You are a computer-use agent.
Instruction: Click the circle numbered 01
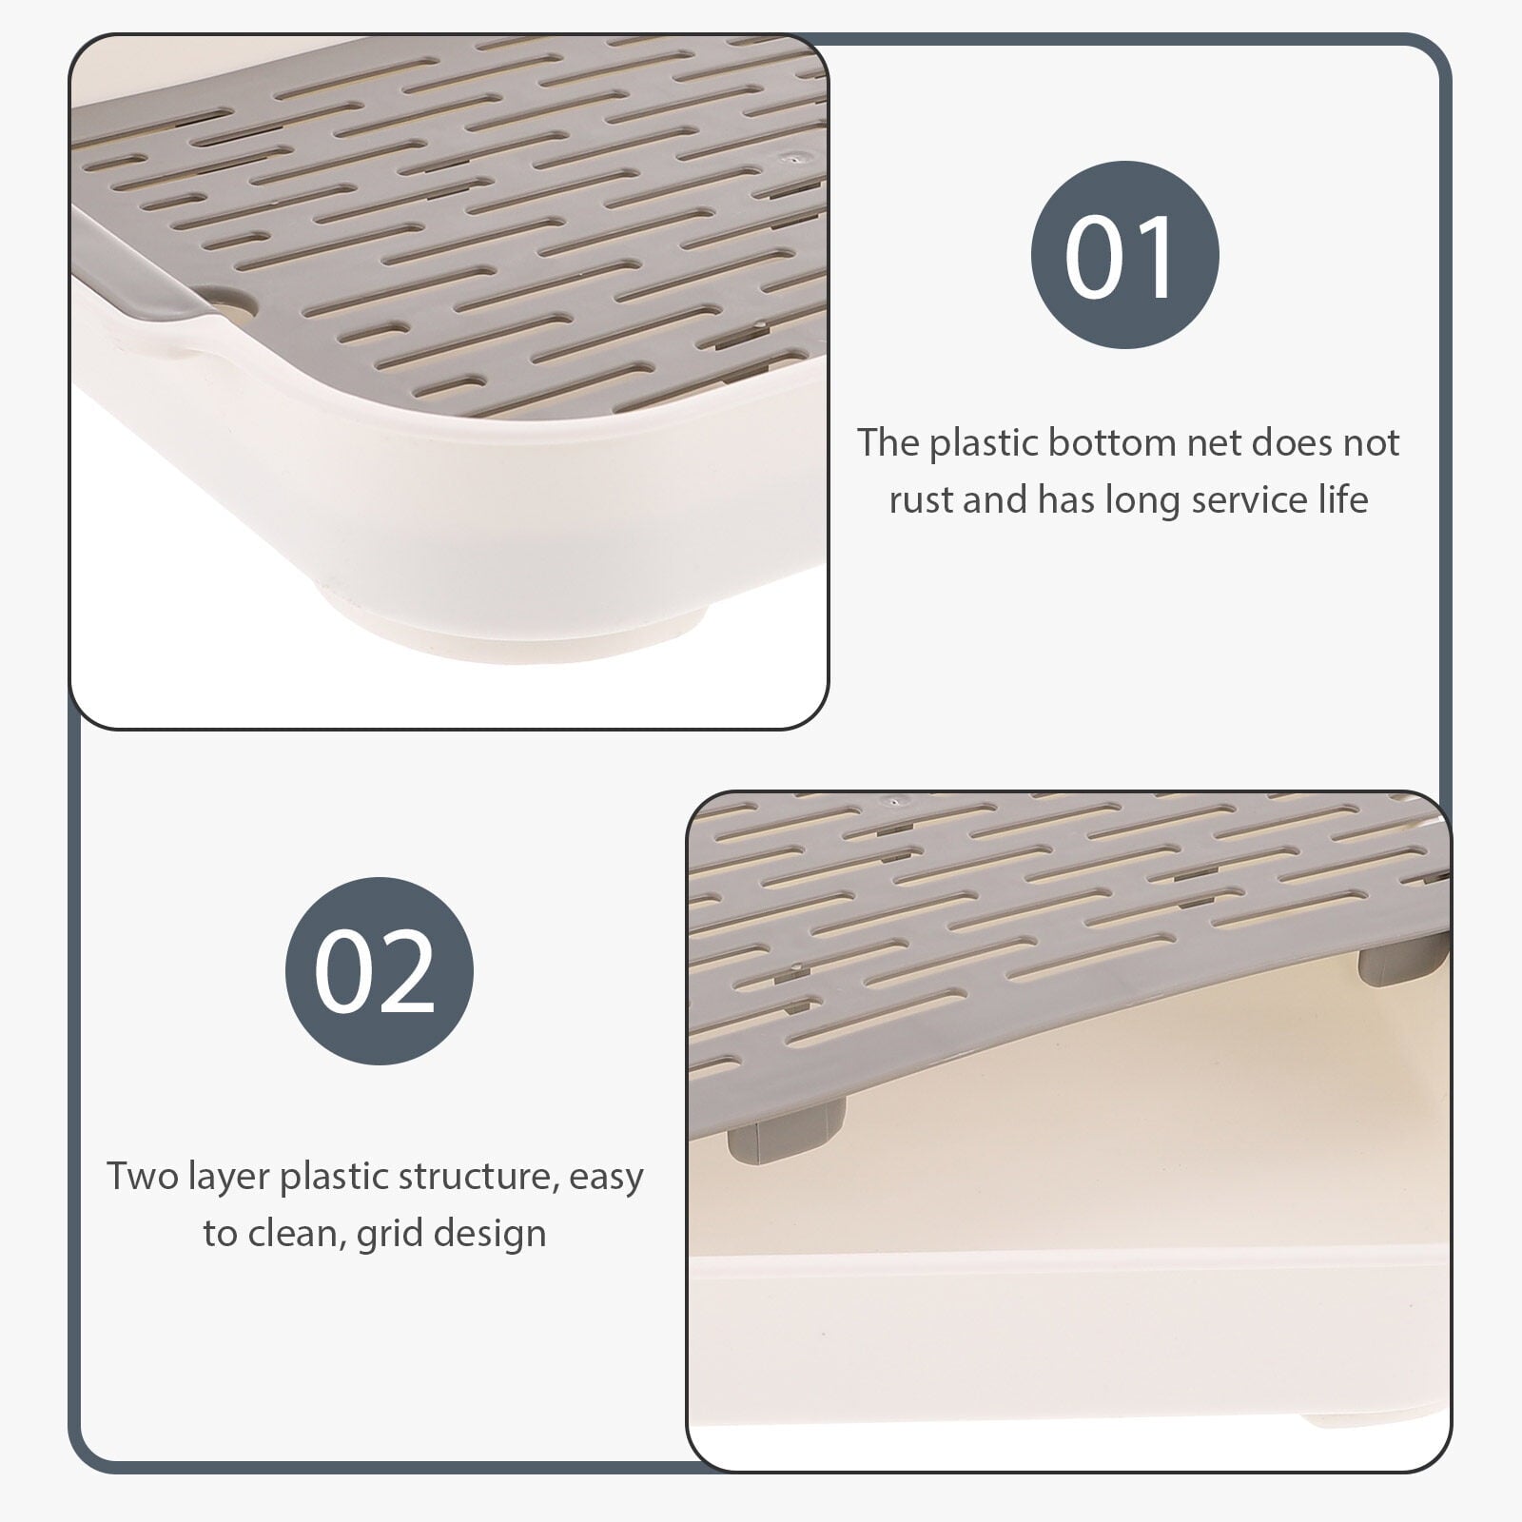pos(1124,255)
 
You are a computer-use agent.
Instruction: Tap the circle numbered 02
pos(379,971)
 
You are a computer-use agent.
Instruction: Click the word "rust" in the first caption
pos(921,499)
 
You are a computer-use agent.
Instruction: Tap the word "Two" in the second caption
pos(141,1176)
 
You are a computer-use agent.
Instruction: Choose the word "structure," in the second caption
pos(479,1178)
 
